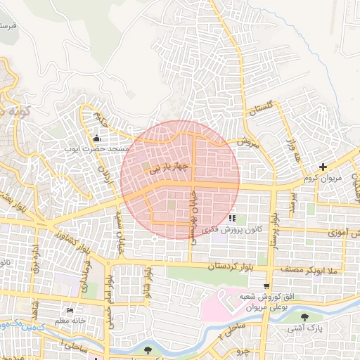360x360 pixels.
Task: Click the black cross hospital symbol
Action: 323,167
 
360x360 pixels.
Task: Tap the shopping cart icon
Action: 266,285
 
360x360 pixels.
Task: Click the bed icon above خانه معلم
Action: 69,311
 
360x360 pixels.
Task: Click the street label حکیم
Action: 103,120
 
